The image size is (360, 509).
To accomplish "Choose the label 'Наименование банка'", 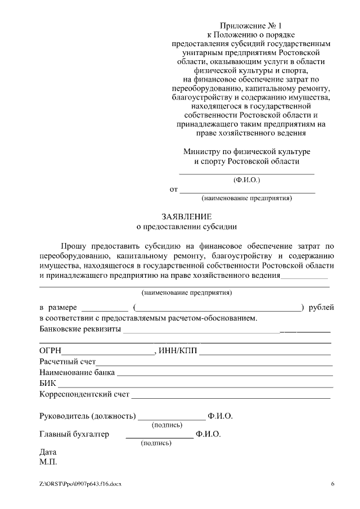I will click(x=77, y=373).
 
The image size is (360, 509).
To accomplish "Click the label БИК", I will click(x=48, y=384).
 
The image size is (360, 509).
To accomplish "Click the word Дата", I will click(x=48, y=452).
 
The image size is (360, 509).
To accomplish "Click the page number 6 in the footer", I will click(x=332, y=484).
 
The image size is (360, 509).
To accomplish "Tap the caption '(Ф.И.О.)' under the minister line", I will click(x=246, y=180).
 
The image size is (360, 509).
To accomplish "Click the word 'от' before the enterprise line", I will click(x=173, y=190).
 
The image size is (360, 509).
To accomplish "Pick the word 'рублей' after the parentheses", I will click(x=322, y=307).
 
